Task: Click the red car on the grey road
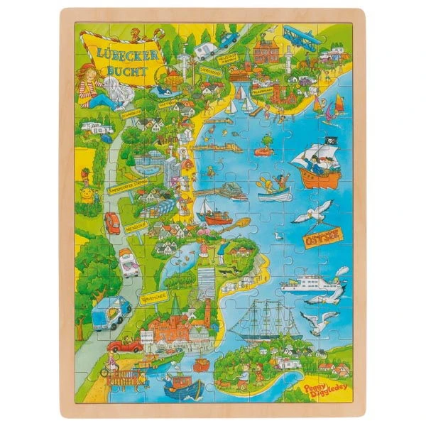[x=112, y=222]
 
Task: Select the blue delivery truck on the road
[x=111, y=312]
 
